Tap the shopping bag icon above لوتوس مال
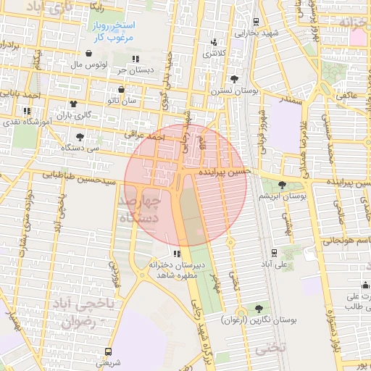click(88, 54)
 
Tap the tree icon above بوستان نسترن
click(234, 79)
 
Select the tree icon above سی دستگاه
click(80, 136)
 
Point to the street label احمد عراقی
click(145, 136)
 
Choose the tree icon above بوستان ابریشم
click(282, 185)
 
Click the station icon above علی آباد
click(273, 253)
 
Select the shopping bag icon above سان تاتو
click(121, 90)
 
